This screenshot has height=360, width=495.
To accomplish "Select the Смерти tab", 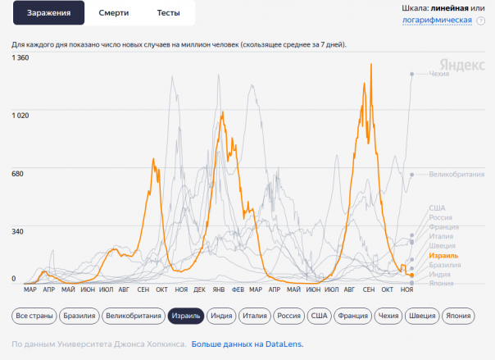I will click(x=113, y=13).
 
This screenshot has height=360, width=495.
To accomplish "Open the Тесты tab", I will click(x=169, y=13).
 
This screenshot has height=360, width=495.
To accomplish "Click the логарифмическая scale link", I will click(x=437, y=20).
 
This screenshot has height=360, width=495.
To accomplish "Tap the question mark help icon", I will click(x=481, y=21).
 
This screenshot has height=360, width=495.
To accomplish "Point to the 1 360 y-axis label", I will click(x=20, y=57).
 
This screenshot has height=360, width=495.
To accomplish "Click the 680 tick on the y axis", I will click(x=18, y=173).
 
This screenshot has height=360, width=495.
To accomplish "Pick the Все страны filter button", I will click(x=34, y=315).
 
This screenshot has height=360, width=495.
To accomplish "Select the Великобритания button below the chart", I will click(x=134, y=315).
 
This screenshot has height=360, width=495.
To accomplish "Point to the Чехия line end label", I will click(x=439, y=74).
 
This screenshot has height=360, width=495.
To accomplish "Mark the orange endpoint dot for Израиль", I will click(x=411, y=275).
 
